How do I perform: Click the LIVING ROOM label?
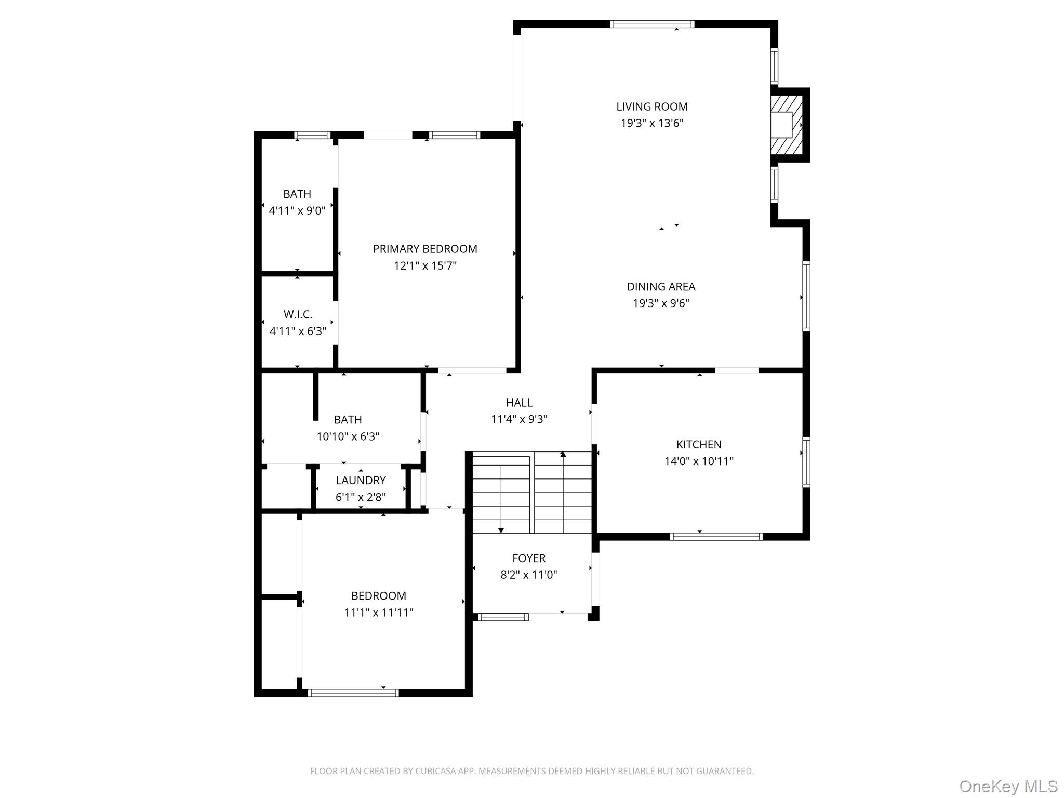click(652, 107)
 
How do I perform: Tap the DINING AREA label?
click(661, 286)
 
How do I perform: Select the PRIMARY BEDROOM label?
click(425, 249)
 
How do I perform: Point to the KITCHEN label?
click(699, 444)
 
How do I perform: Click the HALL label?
click(519, 403)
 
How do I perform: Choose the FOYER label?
click(529, 558)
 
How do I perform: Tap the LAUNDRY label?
click(361, 480)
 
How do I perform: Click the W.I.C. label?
click(298, 314)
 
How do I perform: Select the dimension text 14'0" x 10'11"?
click(699, 461)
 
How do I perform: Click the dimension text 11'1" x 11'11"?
click(379, 613)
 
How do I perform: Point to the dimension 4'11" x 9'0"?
click(297, 210)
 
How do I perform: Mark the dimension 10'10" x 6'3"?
click(348, 436)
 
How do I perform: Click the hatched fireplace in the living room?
click(786, 125)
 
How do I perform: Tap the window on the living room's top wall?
click(652, 24)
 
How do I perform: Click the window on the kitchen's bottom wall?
click(716, 537)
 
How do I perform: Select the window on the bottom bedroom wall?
click(353, 693)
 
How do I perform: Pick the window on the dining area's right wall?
click(806, 296)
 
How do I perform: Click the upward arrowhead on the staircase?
click(563, 455)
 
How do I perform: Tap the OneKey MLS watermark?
click(1008, 786)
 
